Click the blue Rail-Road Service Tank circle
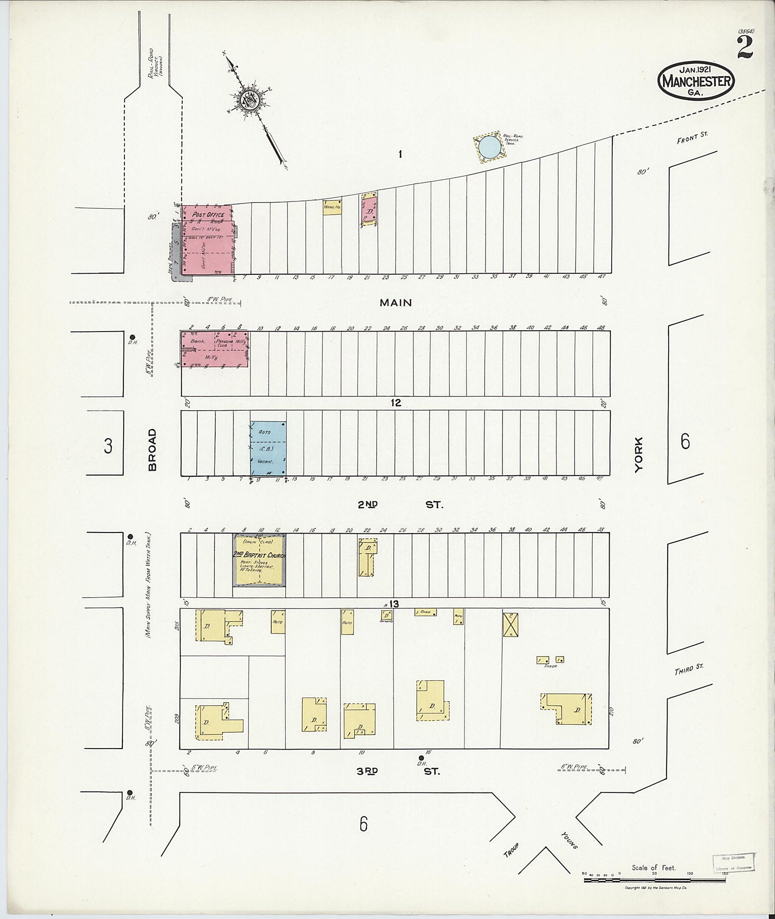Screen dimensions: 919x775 (488, 147)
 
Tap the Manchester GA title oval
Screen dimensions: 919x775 (696, 81)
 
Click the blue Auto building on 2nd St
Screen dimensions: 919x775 (268, 448)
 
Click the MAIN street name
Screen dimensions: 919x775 (396, 303)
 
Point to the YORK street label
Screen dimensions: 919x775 (640, 454)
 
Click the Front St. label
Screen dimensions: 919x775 (693, 137)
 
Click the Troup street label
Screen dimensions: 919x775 (511, 851)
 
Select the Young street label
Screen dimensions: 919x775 (569, 840)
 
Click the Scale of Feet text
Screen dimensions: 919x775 (653, 867)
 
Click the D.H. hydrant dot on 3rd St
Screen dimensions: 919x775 (421, 758)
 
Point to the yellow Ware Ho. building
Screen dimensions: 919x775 (332, 207)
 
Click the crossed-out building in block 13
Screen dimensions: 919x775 (510, 625)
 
